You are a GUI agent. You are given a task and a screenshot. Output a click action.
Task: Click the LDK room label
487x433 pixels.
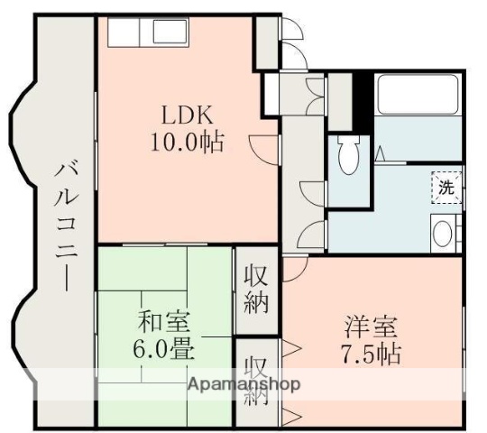point(188,116)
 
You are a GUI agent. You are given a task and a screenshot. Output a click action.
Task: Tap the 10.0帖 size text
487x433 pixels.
point(188,142)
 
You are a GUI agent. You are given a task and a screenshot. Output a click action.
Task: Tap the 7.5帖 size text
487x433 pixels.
point(370,352)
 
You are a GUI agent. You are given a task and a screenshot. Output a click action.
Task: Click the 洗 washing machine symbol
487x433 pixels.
point(446,189)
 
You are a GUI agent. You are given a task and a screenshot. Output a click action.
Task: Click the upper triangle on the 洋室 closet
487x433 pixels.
point(290,346)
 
